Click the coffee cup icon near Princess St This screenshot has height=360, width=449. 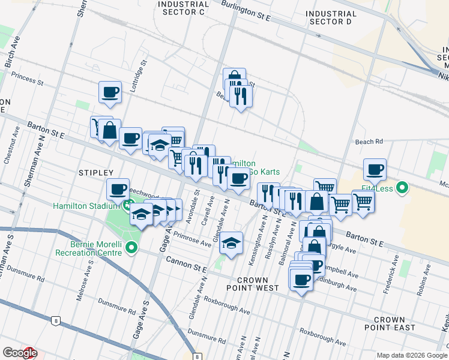(x=110, y=92)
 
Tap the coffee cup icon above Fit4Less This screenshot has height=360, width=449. (x=375, y=170)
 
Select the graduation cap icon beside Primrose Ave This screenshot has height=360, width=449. (x=231, y=243)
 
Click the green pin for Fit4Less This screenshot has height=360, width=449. (x=402, y=188)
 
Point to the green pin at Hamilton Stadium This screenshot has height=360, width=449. (x=128, y=206)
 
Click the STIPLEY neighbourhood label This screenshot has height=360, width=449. (x=95, y=173)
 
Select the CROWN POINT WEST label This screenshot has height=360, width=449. (x=258, y=284)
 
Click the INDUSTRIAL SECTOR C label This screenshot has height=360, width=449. (x=181, y=7)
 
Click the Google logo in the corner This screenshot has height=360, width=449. (x=20, y=353)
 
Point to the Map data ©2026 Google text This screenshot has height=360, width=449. (x=412, y=355)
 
